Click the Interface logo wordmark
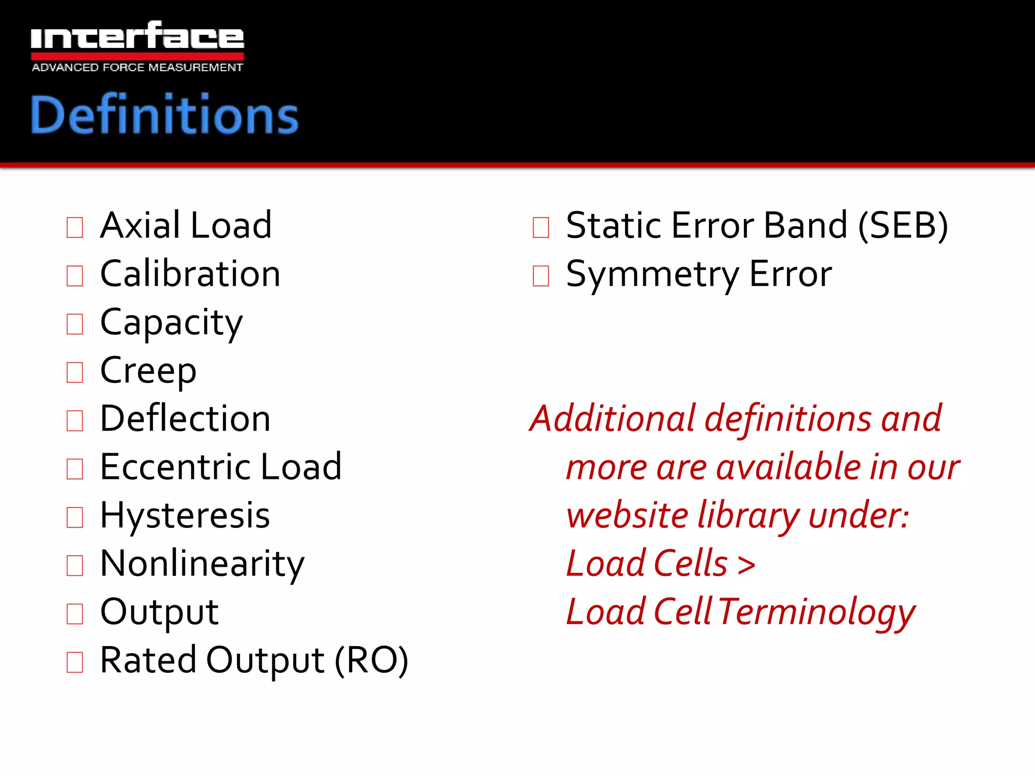(137, 37)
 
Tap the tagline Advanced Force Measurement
(137, 67)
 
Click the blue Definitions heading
(164, 115)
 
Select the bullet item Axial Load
(186, 225)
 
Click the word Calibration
(190, 274)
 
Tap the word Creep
(148, 371)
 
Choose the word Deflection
(185, 419)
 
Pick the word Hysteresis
(185, 516)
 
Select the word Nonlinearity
(202, 564)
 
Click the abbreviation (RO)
(371, 660)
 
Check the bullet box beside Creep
(75, 372)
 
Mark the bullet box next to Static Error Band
(541, 227)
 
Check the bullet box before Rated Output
(75, 662)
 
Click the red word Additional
(613, 419)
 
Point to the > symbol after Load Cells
(746, 565)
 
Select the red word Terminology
(817, 612)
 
